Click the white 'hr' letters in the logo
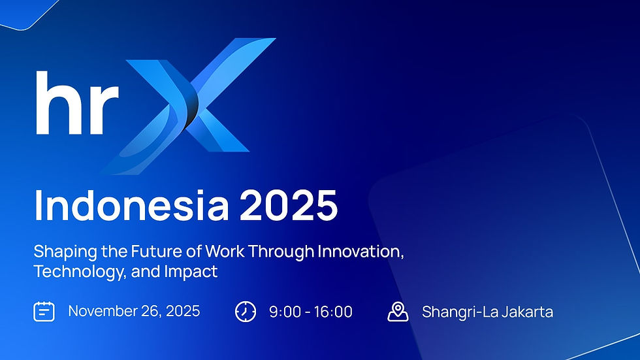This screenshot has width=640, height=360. pos(76,103)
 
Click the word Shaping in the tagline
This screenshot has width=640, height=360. pos(62,252)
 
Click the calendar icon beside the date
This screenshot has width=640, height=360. pos(44,312)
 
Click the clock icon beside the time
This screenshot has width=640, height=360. pos(245,312)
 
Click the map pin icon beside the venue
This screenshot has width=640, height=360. pos(398,312)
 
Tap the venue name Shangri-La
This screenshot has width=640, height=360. pos(457,312)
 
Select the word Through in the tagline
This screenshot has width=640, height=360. pos(278,252)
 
